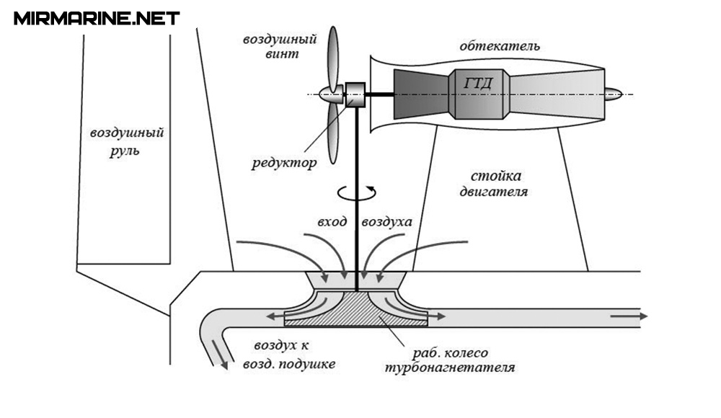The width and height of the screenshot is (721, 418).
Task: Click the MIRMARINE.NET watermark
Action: click(97, 18)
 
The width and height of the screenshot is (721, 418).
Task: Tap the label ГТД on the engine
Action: click(478, 82)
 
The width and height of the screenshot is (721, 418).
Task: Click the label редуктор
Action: click(284, 163)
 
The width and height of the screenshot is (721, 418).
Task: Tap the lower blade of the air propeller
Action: click(332, 133)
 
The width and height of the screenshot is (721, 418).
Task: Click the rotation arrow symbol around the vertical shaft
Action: click(356, 192)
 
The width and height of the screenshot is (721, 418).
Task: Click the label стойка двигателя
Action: click(495, 184)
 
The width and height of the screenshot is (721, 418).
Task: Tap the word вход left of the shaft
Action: click(331, 222)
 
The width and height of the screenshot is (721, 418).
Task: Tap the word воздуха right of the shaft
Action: click(386, 222)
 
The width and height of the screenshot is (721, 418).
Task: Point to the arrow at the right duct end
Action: click(629, 316)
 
